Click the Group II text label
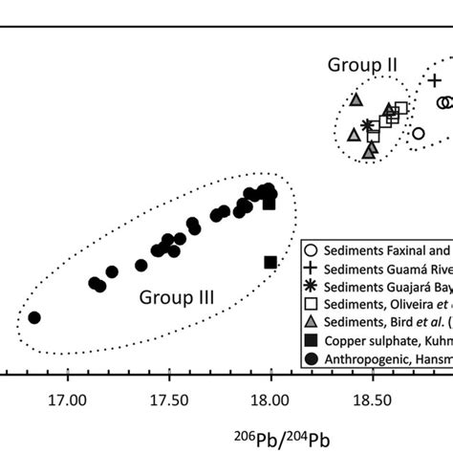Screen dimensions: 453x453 coord(363,65)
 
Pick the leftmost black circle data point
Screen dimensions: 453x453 coord(34,317)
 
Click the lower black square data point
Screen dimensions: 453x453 coord(270,263)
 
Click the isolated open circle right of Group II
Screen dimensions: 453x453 coord(418,133)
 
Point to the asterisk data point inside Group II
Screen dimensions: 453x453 coord(367,125)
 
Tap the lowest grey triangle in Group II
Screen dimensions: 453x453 coord(370,150)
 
